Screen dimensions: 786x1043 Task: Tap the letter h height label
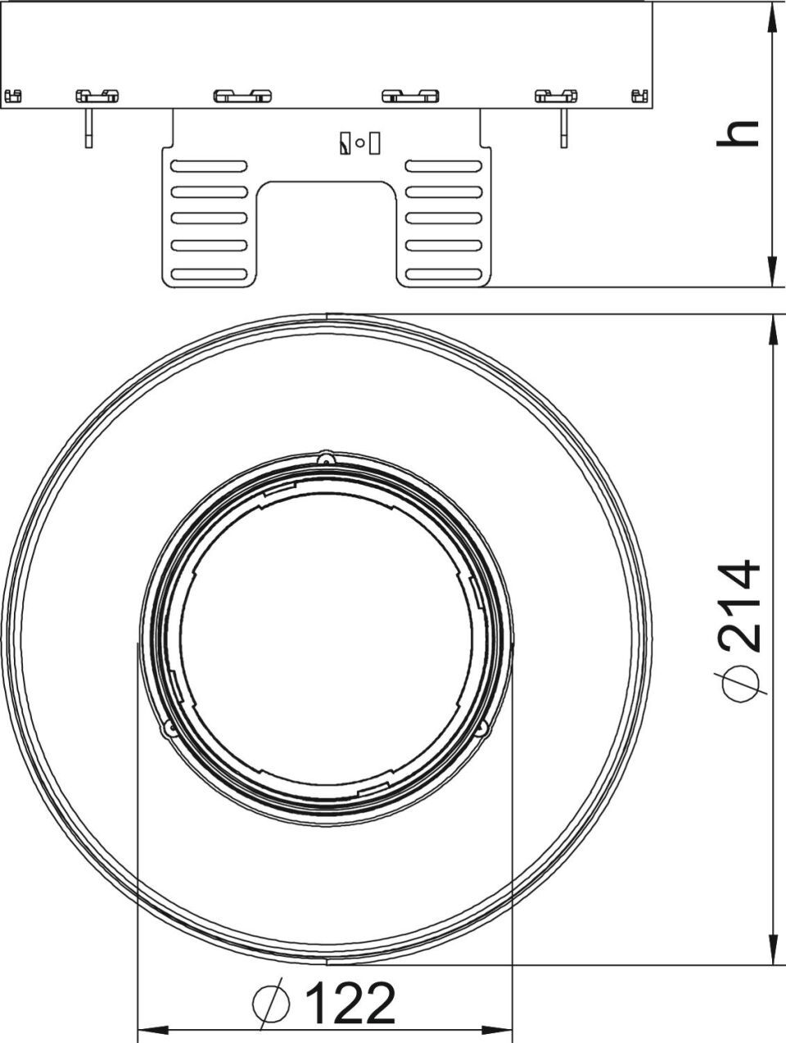click(738, 133)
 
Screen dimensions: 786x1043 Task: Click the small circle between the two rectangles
click(359, 142)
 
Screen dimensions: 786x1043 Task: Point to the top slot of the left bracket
click(209, 166)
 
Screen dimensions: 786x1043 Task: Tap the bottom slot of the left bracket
click(209, 273)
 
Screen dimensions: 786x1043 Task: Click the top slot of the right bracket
click(444, 166)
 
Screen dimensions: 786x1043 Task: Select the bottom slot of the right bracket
click(444, 273)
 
